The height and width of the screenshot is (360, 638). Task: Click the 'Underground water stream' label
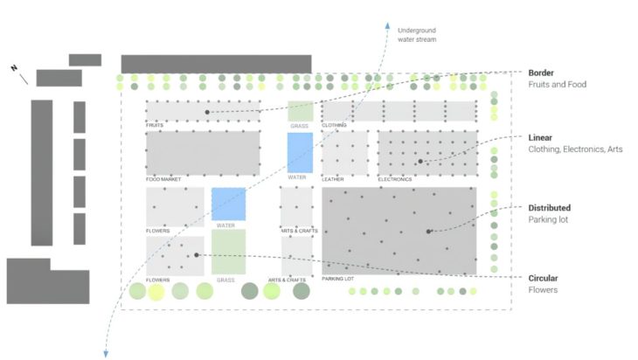pyautogui.click(x=416, y=34)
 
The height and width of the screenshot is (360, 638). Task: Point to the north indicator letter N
pyautogui.click(x=14, y=68)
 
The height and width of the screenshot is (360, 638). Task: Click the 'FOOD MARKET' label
pyautogui.click(x=163, y=179)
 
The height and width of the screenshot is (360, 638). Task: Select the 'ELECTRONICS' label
pyautogui.click(x=395, y=179)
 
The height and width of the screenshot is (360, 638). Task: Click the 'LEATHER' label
pyautogui.click(x=332, y=179)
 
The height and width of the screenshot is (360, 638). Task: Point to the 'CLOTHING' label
pyautogui.click(x=334, y=125)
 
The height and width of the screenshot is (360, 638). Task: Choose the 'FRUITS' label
pyautogui.click(x=155, y=125)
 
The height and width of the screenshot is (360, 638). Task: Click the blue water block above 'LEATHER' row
pyautogui.click(x=300, y=152)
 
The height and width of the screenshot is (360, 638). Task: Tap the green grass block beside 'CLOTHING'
pyautogui.click(x=300, y=111)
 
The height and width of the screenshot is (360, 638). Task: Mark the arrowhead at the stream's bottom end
pyautogui.click(x=107, y=353)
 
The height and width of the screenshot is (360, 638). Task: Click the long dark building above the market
pyautogui.click(x=216, y=64)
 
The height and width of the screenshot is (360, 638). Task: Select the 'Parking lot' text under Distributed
pyautogui.click(x=549, y=220)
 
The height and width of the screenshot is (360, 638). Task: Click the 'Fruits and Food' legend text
pyautogui.click(x=558, y=85)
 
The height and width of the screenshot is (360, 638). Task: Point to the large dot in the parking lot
pyautogui.click(x=428, y=232)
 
